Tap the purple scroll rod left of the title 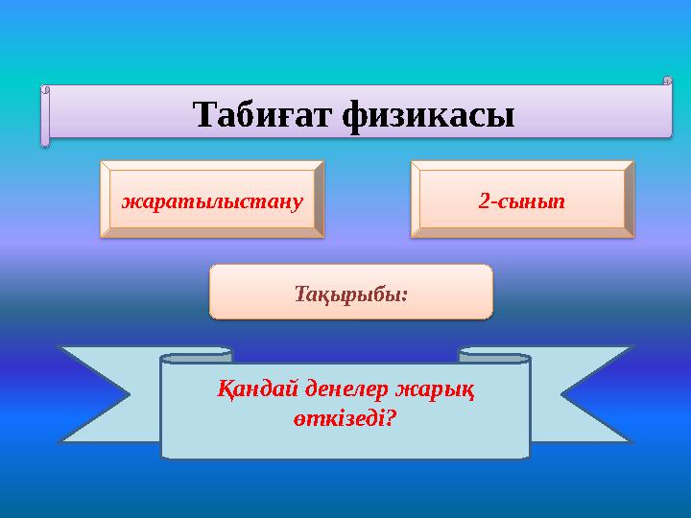pos(45,116)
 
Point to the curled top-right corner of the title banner pos(666,82)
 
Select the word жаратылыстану pos(212,201)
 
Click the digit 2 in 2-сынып pos(484,201)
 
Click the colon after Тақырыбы pos(405,294)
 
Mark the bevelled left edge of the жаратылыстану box pos(105,199)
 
